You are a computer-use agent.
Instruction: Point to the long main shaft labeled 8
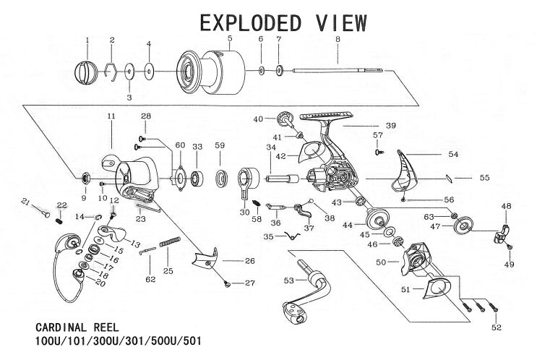tap(340, 71)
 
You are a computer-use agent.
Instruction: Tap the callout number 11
tap(111, 116)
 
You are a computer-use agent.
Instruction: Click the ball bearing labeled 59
tap(220, 176)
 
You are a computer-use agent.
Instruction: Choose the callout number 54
tap(453, 154)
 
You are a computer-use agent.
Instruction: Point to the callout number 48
tap(506, 205)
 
